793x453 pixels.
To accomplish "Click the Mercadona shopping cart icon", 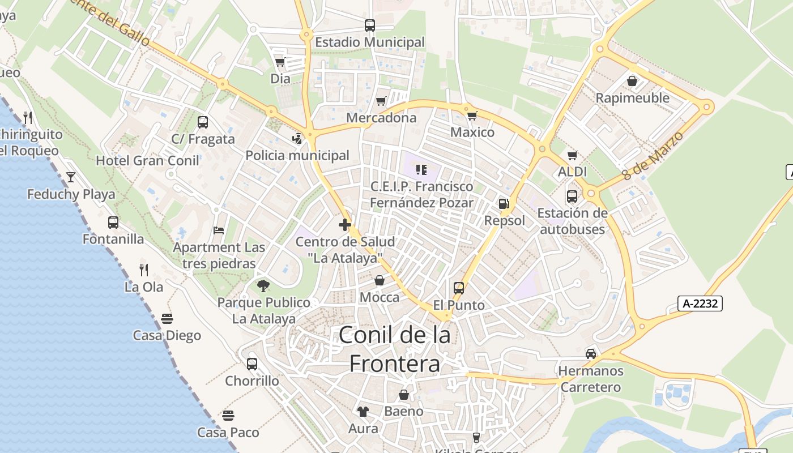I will (x=381, y=101).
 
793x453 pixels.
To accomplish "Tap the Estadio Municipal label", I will (x=369, y=42).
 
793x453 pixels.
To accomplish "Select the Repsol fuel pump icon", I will (x=504, y=204).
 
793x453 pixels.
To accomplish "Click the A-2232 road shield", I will (x=700, y=304).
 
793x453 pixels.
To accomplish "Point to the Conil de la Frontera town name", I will (x=395, y=349).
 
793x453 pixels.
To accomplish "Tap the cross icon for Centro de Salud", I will (x=345, y=225).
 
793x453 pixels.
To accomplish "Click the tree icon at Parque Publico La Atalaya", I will (x=263, y=286).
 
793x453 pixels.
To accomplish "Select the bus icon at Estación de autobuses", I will (x=572, y=196).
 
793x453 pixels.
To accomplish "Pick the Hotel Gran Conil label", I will (x=147, y=161).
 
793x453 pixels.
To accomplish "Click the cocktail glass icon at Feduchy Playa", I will (x=70, y=177).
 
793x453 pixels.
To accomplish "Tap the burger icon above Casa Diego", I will (x=167, y=319).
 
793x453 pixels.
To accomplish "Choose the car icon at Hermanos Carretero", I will (x=591, y=354).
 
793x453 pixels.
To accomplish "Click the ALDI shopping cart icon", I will (x=573, y=155).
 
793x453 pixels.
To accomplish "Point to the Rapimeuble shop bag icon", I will (x=632, y=81).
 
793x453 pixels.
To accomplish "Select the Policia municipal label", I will (x=297, y=156).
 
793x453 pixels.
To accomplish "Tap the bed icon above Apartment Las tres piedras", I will (x=219, y=230).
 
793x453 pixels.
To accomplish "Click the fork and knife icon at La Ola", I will (x=144, y=270).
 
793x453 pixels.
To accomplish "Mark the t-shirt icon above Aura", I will (x=363, y=412).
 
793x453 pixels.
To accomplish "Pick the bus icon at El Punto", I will (x=459, y=288).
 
